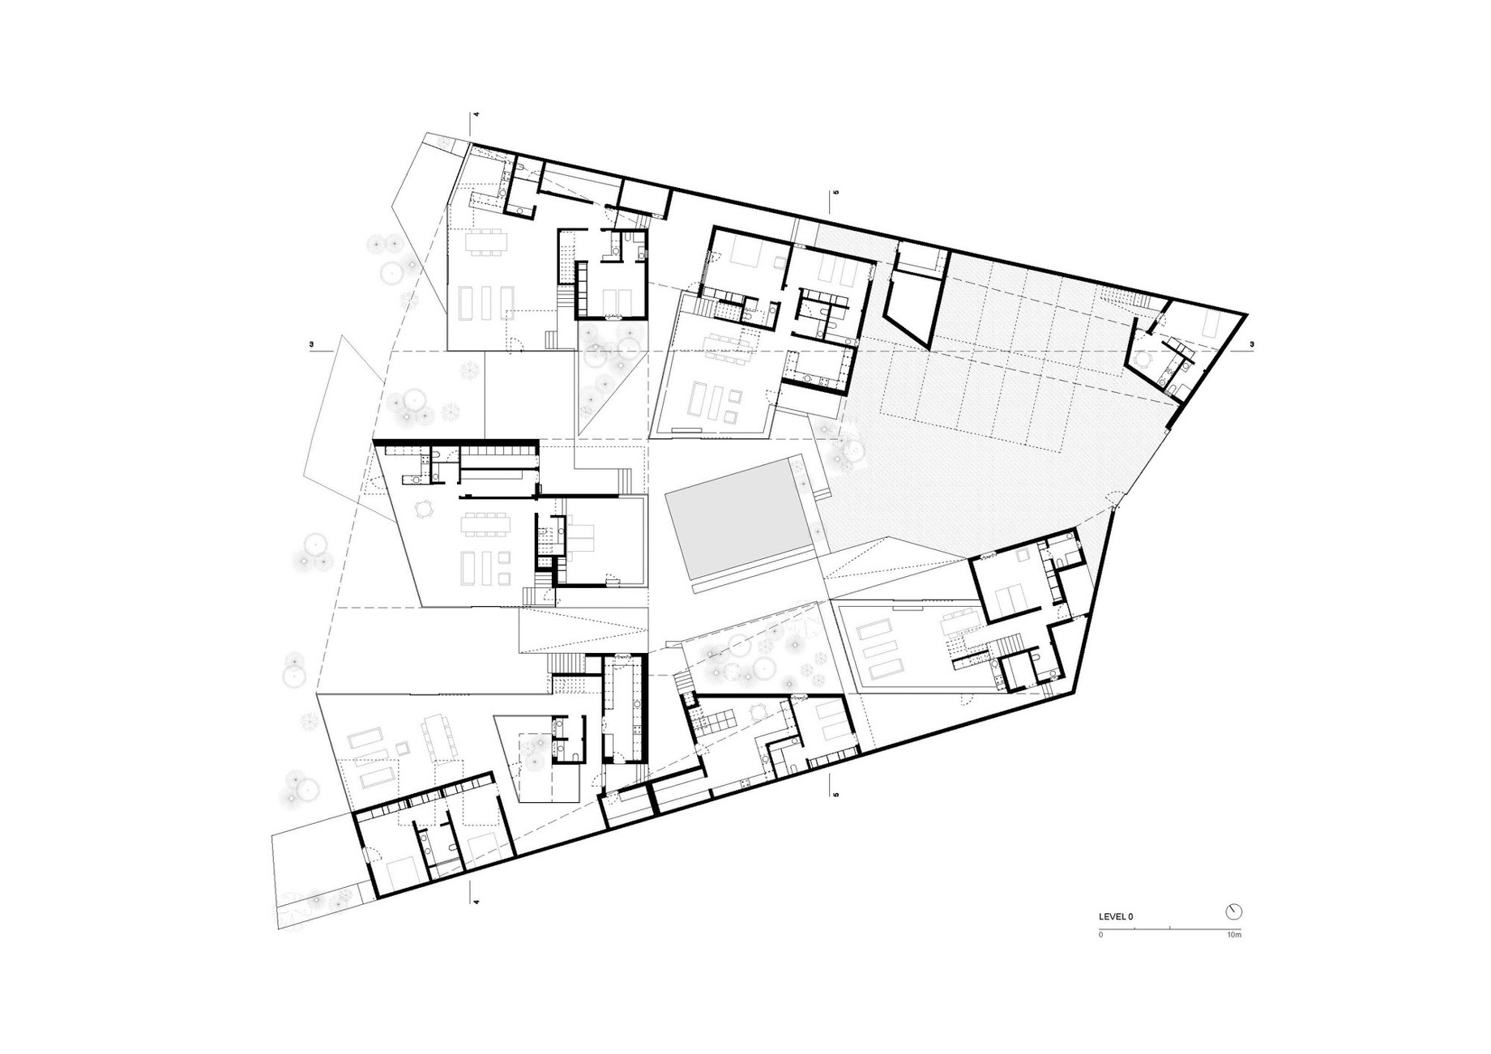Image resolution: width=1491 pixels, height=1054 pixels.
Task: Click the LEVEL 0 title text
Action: click(x=1116, y=916)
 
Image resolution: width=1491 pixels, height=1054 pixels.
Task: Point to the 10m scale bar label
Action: click(x=1234, y=935)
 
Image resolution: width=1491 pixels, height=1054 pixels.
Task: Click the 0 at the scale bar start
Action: click(x=1100, y=935)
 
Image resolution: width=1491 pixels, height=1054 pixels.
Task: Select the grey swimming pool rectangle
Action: click(x=738, y=521)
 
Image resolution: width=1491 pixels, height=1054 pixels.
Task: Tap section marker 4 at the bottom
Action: click(x=477, y=902)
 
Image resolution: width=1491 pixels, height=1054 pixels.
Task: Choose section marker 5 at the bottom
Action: click(x=835, y=795)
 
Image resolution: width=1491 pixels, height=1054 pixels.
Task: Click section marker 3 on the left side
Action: click(x=311, y=345)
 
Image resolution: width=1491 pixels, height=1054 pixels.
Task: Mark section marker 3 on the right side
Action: click(x=1252, y=345)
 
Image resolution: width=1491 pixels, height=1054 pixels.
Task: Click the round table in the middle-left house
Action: click(x=424, y=509)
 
